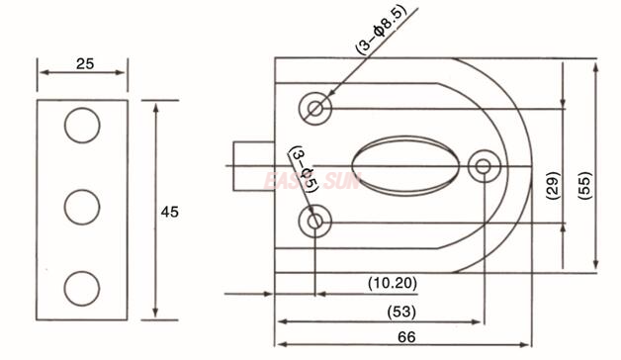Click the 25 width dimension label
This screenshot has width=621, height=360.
point(84,63)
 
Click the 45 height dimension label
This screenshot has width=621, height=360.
point(169,211)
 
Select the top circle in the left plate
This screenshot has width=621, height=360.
point(83,126)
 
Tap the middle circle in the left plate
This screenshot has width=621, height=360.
point(83,208)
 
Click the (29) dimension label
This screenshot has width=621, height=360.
point(553,184)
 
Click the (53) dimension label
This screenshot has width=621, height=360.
point(399,312)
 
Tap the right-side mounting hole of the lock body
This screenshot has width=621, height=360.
point(484,165)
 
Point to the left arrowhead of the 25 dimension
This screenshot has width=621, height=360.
point(43,72)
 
